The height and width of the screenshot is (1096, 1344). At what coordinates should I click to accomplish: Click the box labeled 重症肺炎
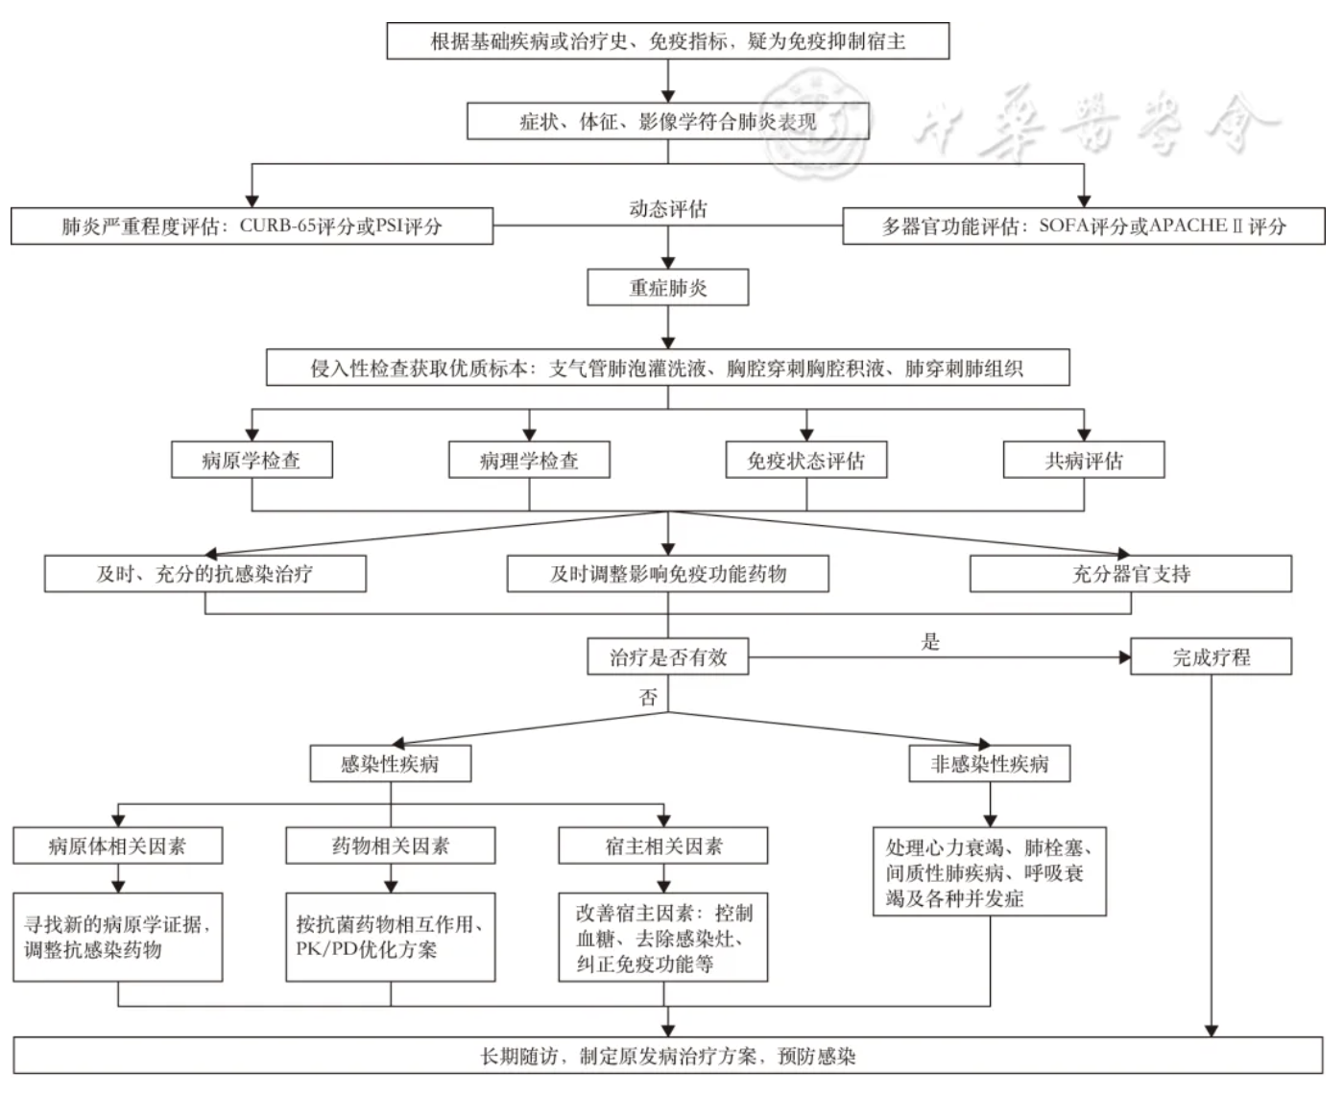click(x=667, y=288)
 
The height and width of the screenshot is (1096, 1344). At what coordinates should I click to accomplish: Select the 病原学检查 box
click(x=252, y=460)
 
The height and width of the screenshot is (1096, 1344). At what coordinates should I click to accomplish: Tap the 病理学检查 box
click(x=529, y=460)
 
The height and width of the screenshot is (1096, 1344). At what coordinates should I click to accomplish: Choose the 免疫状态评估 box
click(x=805, y=460)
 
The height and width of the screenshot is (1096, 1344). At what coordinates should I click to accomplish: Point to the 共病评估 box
click(x=1083, y=460)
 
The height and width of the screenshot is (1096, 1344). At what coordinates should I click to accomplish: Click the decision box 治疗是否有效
click(x=667, y=657)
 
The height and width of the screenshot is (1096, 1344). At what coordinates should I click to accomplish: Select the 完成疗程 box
click(x=1211, y=657)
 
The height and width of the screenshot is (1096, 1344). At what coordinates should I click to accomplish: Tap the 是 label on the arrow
click(x=930, y=642)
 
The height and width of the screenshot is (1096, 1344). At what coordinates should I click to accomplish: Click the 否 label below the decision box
click(x=649, y=698)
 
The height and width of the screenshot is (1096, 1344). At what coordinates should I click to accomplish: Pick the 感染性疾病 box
click(x=390, y=764)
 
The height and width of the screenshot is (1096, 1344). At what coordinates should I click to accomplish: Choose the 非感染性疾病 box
click(x=989, y=764)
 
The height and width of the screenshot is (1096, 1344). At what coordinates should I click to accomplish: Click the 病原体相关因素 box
click(x=117, y=846)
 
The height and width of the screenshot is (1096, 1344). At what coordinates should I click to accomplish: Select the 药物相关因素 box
click(x=390, y=846)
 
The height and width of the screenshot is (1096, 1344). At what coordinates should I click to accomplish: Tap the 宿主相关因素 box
click(x=662, y=846)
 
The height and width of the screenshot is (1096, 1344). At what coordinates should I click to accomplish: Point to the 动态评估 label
click(x=667, y=208)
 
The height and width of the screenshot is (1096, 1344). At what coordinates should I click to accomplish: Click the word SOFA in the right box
click(x=1064, y=226)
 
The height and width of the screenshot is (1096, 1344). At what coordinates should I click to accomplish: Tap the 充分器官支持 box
click(x=1130, y=574)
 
